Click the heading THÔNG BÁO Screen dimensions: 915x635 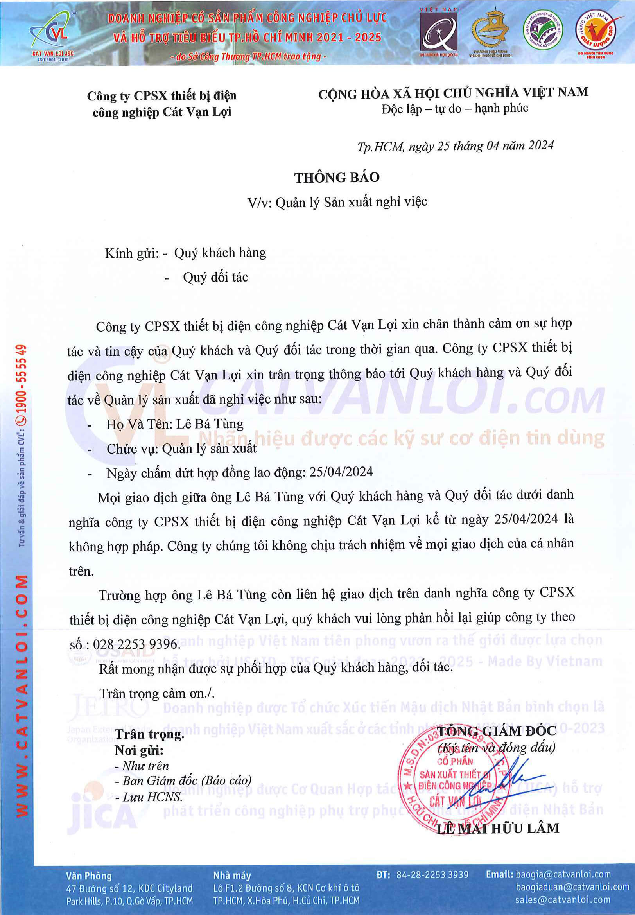coord(337,178)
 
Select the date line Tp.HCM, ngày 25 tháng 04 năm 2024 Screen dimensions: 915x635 coord(455,146)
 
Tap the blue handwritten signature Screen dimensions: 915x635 coord(517,778)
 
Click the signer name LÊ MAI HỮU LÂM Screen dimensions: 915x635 coord(497,829)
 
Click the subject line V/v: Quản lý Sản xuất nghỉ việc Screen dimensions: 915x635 coord(337,202)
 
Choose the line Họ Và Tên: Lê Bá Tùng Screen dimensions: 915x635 coord(175,424)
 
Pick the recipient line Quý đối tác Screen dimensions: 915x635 coord(215,277)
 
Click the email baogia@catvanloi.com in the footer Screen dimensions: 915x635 coord(563,874)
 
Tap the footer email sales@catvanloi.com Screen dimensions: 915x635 coord(563,899)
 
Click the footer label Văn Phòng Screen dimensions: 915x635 coord(89,876)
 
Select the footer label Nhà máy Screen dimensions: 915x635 coord(232,875)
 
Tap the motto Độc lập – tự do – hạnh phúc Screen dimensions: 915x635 coord(455,109)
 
